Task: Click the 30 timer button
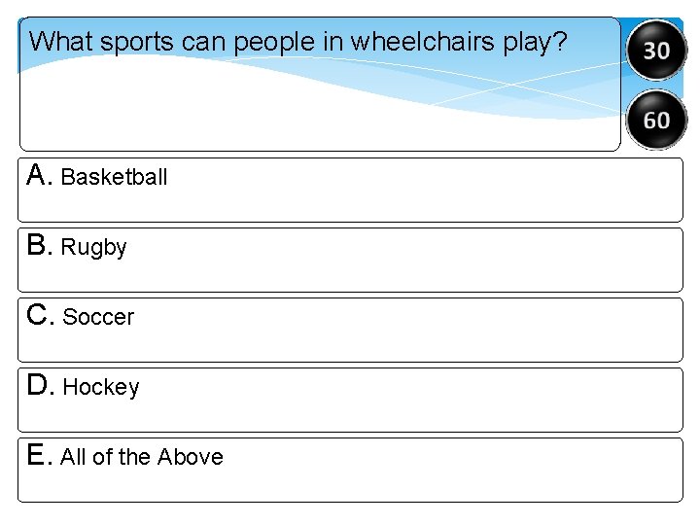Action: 656,49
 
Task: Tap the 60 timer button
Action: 656,120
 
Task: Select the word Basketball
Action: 114,177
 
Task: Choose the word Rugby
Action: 93,248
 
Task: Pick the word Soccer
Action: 98,317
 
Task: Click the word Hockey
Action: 101,387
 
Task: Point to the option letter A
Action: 38,175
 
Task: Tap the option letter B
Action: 38,246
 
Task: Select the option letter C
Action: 38,315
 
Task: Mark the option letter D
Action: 38,385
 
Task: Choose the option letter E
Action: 38,455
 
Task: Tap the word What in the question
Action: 60,42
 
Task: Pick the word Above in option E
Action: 191,457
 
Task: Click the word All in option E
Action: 74,457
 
